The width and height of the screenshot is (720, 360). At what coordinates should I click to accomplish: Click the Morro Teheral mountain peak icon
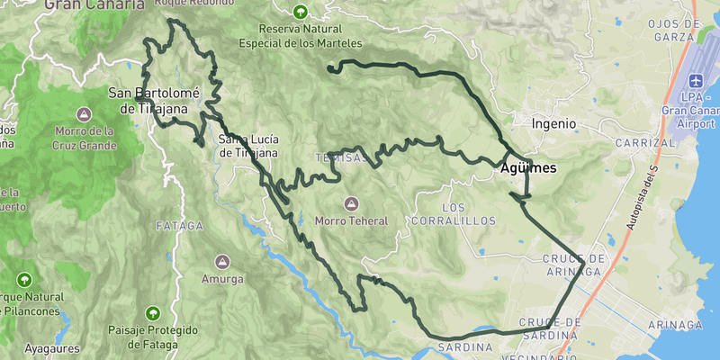coord(351,202)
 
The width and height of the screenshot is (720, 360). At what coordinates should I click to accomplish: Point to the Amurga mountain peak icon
coord(222,262)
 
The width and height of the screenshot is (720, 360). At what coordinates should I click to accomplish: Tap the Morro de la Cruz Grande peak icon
coord(84,114)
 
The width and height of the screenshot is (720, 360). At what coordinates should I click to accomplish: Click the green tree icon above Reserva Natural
coord(300,13)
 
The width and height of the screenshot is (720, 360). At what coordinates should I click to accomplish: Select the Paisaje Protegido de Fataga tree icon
coord(153,313)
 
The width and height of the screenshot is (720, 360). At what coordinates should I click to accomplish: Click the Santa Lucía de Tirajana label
coord(247,146)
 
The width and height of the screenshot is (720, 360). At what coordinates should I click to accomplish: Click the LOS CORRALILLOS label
coord(454,212)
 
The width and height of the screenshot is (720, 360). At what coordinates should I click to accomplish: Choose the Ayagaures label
coord(52,347)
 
